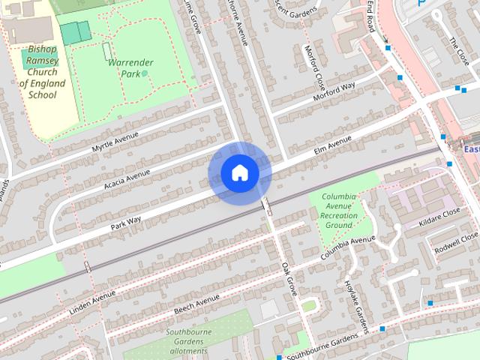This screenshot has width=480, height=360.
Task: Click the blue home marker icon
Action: (240, 173)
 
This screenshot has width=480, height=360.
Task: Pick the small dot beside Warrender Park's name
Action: (144, 73)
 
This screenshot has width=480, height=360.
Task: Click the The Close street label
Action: (457, 50)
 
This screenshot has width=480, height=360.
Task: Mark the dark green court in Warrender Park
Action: (75, 32)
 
